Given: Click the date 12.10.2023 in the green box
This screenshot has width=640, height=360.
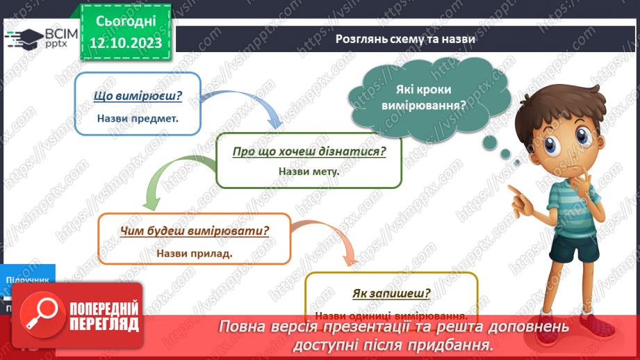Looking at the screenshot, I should tap(126, 43).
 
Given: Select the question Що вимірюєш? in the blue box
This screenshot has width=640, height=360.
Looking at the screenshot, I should tap(137, 97).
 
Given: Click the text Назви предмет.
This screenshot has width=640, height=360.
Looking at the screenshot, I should tap(138, 118).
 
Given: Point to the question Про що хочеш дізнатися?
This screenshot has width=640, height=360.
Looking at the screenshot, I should tap(309, 151).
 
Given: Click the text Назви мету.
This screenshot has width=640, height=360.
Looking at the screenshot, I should tap(309, 171).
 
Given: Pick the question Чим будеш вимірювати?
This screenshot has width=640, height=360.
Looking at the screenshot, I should tap(195, 231).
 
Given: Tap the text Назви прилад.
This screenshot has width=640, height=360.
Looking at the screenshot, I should tap(195, 253).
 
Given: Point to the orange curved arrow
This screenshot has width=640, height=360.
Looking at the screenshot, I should tap(327, 240).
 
